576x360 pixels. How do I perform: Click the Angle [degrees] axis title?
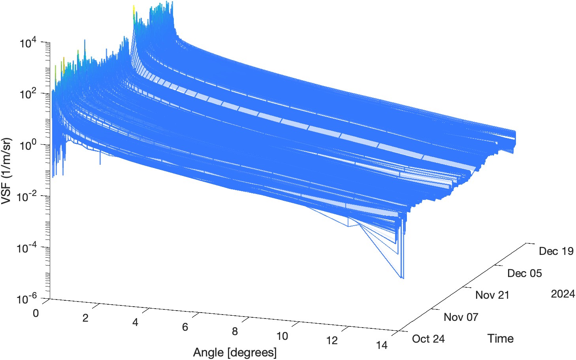(235, 352)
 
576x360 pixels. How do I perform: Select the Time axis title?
(500, 339)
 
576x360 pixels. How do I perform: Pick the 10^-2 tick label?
(27, 196)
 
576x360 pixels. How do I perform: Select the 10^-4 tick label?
(27, 248)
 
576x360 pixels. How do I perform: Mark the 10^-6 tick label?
(27, 299)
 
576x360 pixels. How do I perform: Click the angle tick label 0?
(36, 313)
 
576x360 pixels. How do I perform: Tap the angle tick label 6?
(185, 327)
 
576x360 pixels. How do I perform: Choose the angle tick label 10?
(282, 336)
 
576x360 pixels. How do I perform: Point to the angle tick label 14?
(382, 345)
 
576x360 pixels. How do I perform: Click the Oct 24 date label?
(428, 339)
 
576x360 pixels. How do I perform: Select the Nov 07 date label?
(461, 317)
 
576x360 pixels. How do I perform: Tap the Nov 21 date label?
(492, 295)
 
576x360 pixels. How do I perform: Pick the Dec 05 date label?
(524, 273)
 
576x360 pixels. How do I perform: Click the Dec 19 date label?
(556, 251)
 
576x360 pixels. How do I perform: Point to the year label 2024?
(563, 294)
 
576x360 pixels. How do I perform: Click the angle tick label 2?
(85, 318)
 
